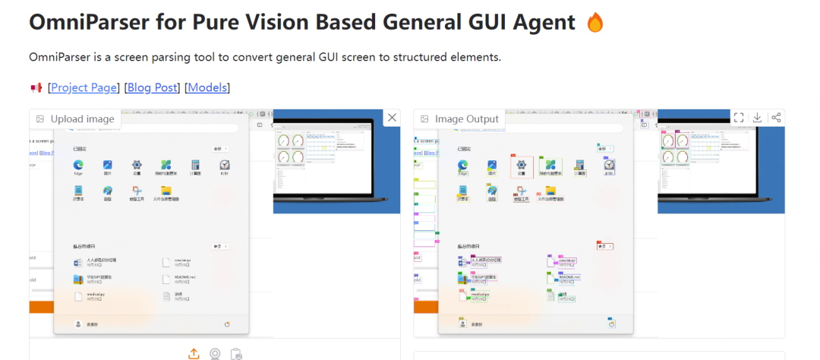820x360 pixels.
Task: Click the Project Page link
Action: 84,87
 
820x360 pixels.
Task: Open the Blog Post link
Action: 152,87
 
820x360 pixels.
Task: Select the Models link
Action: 207,87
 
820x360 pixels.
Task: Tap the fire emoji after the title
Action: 595,23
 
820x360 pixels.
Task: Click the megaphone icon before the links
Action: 35,88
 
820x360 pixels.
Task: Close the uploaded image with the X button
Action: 392,117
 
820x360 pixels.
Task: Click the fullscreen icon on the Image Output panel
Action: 739,117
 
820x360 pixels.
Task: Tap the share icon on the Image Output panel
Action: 775,117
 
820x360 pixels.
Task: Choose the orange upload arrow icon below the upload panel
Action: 194,353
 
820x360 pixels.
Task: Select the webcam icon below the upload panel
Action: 215,353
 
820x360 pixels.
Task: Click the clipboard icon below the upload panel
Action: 236,353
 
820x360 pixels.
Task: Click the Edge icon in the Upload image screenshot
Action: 77,165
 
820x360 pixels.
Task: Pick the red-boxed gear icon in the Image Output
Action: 522,165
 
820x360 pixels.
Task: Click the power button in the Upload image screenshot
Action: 227,324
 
